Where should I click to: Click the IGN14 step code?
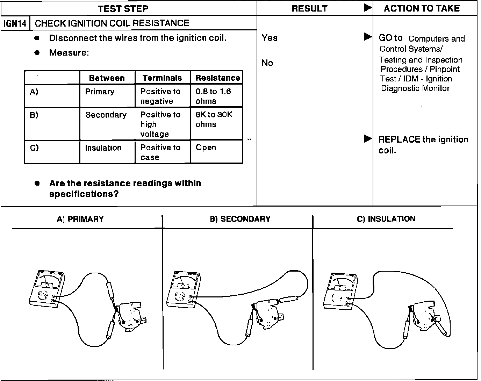click(15, 24)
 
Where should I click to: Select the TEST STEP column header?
click(123, 8)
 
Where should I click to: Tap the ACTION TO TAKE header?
click(422, 8)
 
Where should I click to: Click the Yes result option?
click(270, 38)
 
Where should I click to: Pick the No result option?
click(267, 63)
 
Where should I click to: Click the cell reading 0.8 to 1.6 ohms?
click(213, 96)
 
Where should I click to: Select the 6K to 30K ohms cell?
click(214, 120)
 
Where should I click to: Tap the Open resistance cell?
click(206, 148)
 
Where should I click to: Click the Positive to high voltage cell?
click(160, 124)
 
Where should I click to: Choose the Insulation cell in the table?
click(103, 148)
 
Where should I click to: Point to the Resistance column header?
click(218, 78)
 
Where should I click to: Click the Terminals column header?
click(162, 78)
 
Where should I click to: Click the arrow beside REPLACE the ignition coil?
click(368, 139)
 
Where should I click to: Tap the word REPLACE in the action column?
click(399, 139)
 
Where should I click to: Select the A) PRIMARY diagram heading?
click(80, 219)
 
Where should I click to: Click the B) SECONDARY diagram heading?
click(240, 219)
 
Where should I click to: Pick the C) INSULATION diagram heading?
click(386, 219)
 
